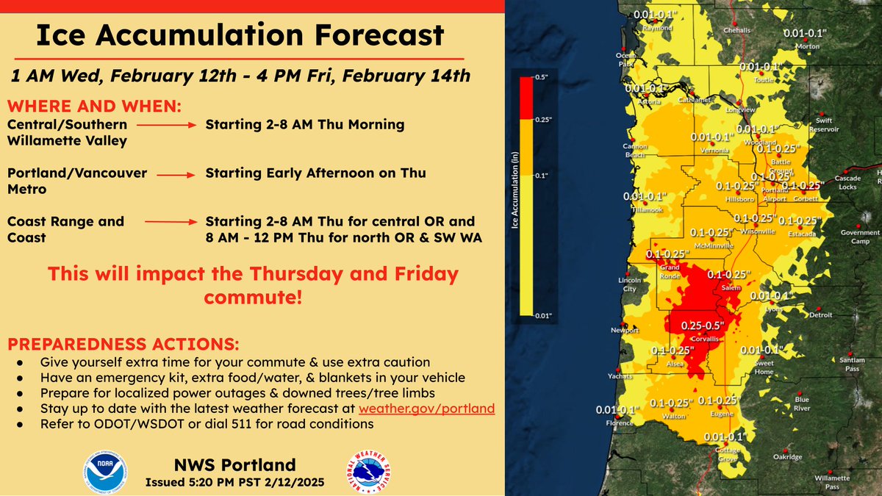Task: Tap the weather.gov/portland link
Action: tap(426, 409)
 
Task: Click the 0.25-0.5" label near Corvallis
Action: tap(703, 325)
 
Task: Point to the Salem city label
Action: tap(731, 287)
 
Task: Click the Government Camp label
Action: tap(860, 237)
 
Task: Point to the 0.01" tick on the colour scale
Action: tap(544, 315)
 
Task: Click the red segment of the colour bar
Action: tap(526, 98)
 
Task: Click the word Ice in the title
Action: tap(65, 35)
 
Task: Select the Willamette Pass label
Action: tap(842, 481)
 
